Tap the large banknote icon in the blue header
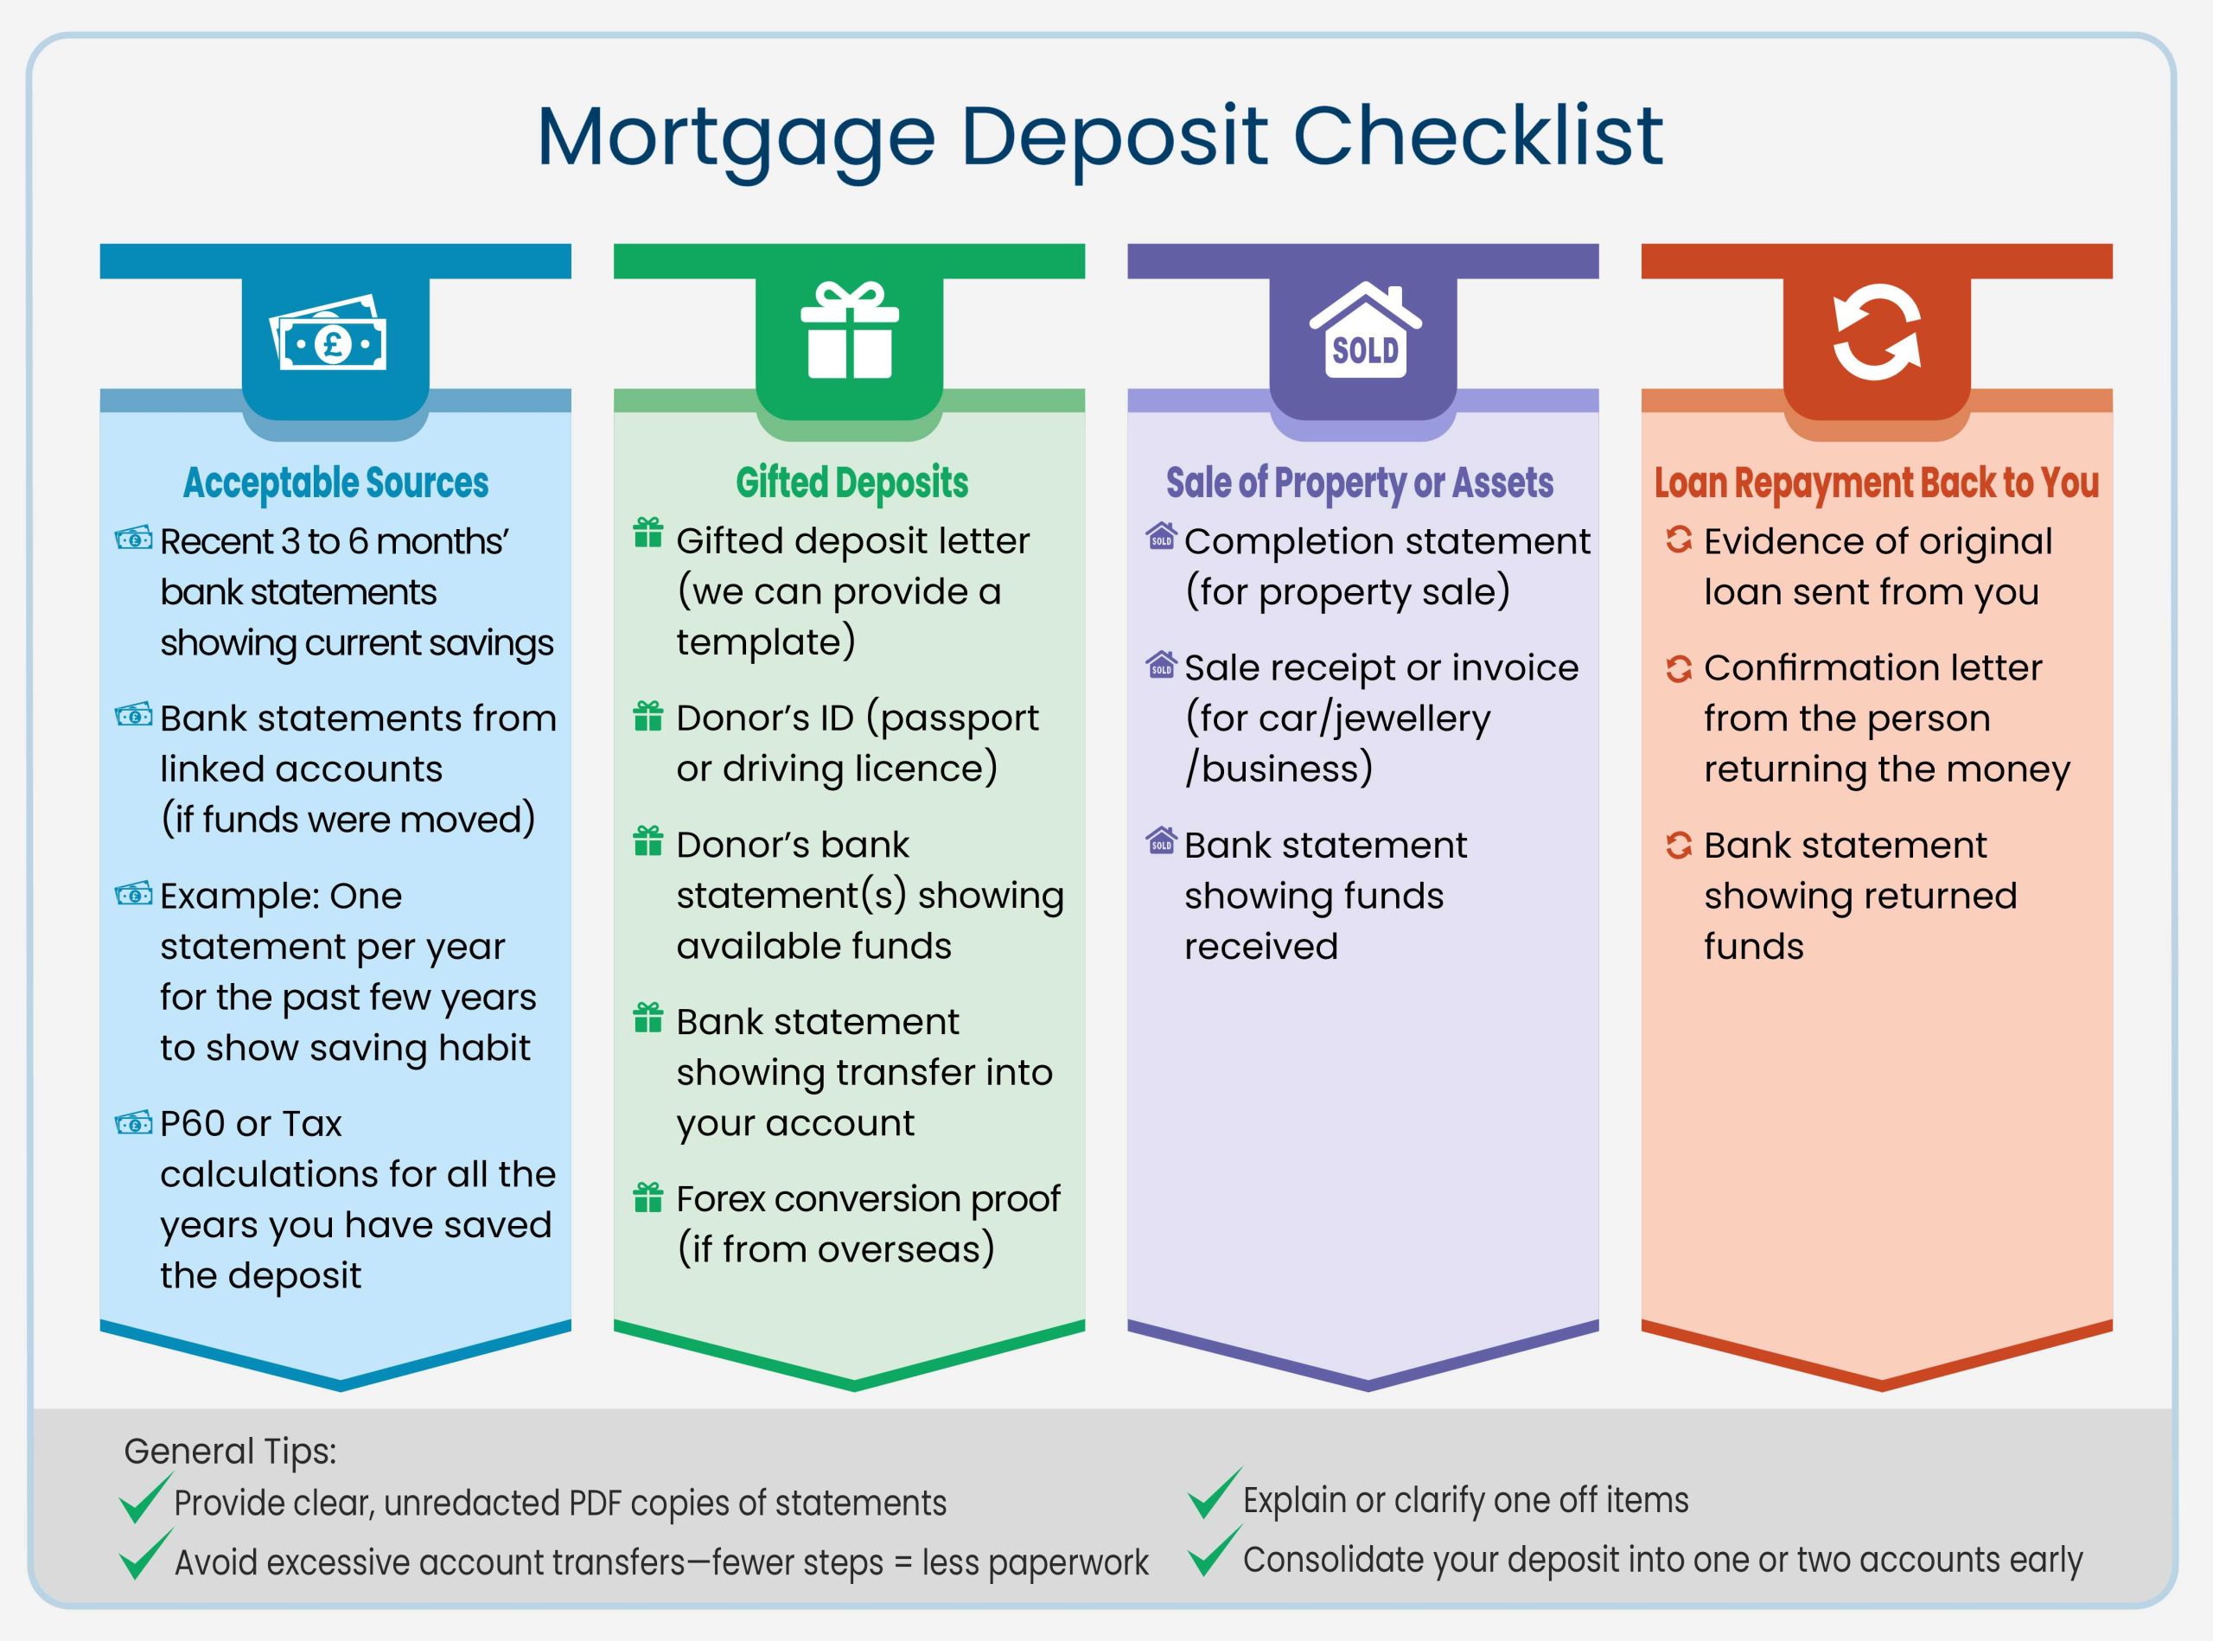(328, 335)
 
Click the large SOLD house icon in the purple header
(1365, 332)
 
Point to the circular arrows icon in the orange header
(1876, 333)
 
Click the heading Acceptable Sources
(335, 482)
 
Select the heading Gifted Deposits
(851, 482)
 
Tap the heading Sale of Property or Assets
(1359, 482)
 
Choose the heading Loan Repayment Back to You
(1876, 482)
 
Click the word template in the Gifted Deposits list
(761, 642)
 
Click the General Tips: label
(231, 1452)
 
